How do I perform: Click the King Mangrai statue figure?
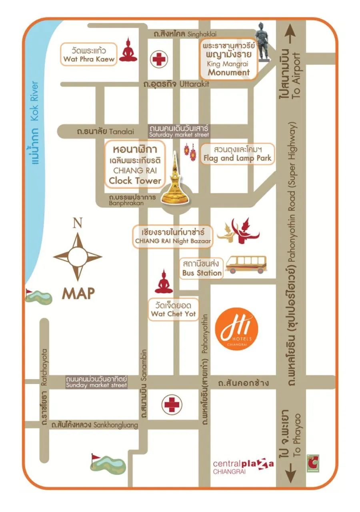pos(263,42)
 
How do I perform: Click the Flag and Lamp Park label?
pos(237,154)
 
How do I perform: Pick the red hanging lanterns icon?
pos(190,152)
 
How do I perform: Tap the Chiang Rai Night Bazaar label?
pos(173,236)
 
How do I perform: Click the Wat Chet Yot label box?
pos(174,309)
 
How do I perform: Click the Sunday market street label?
pos(96,382)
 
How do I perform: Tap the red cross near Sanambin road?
pos(172,404)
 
